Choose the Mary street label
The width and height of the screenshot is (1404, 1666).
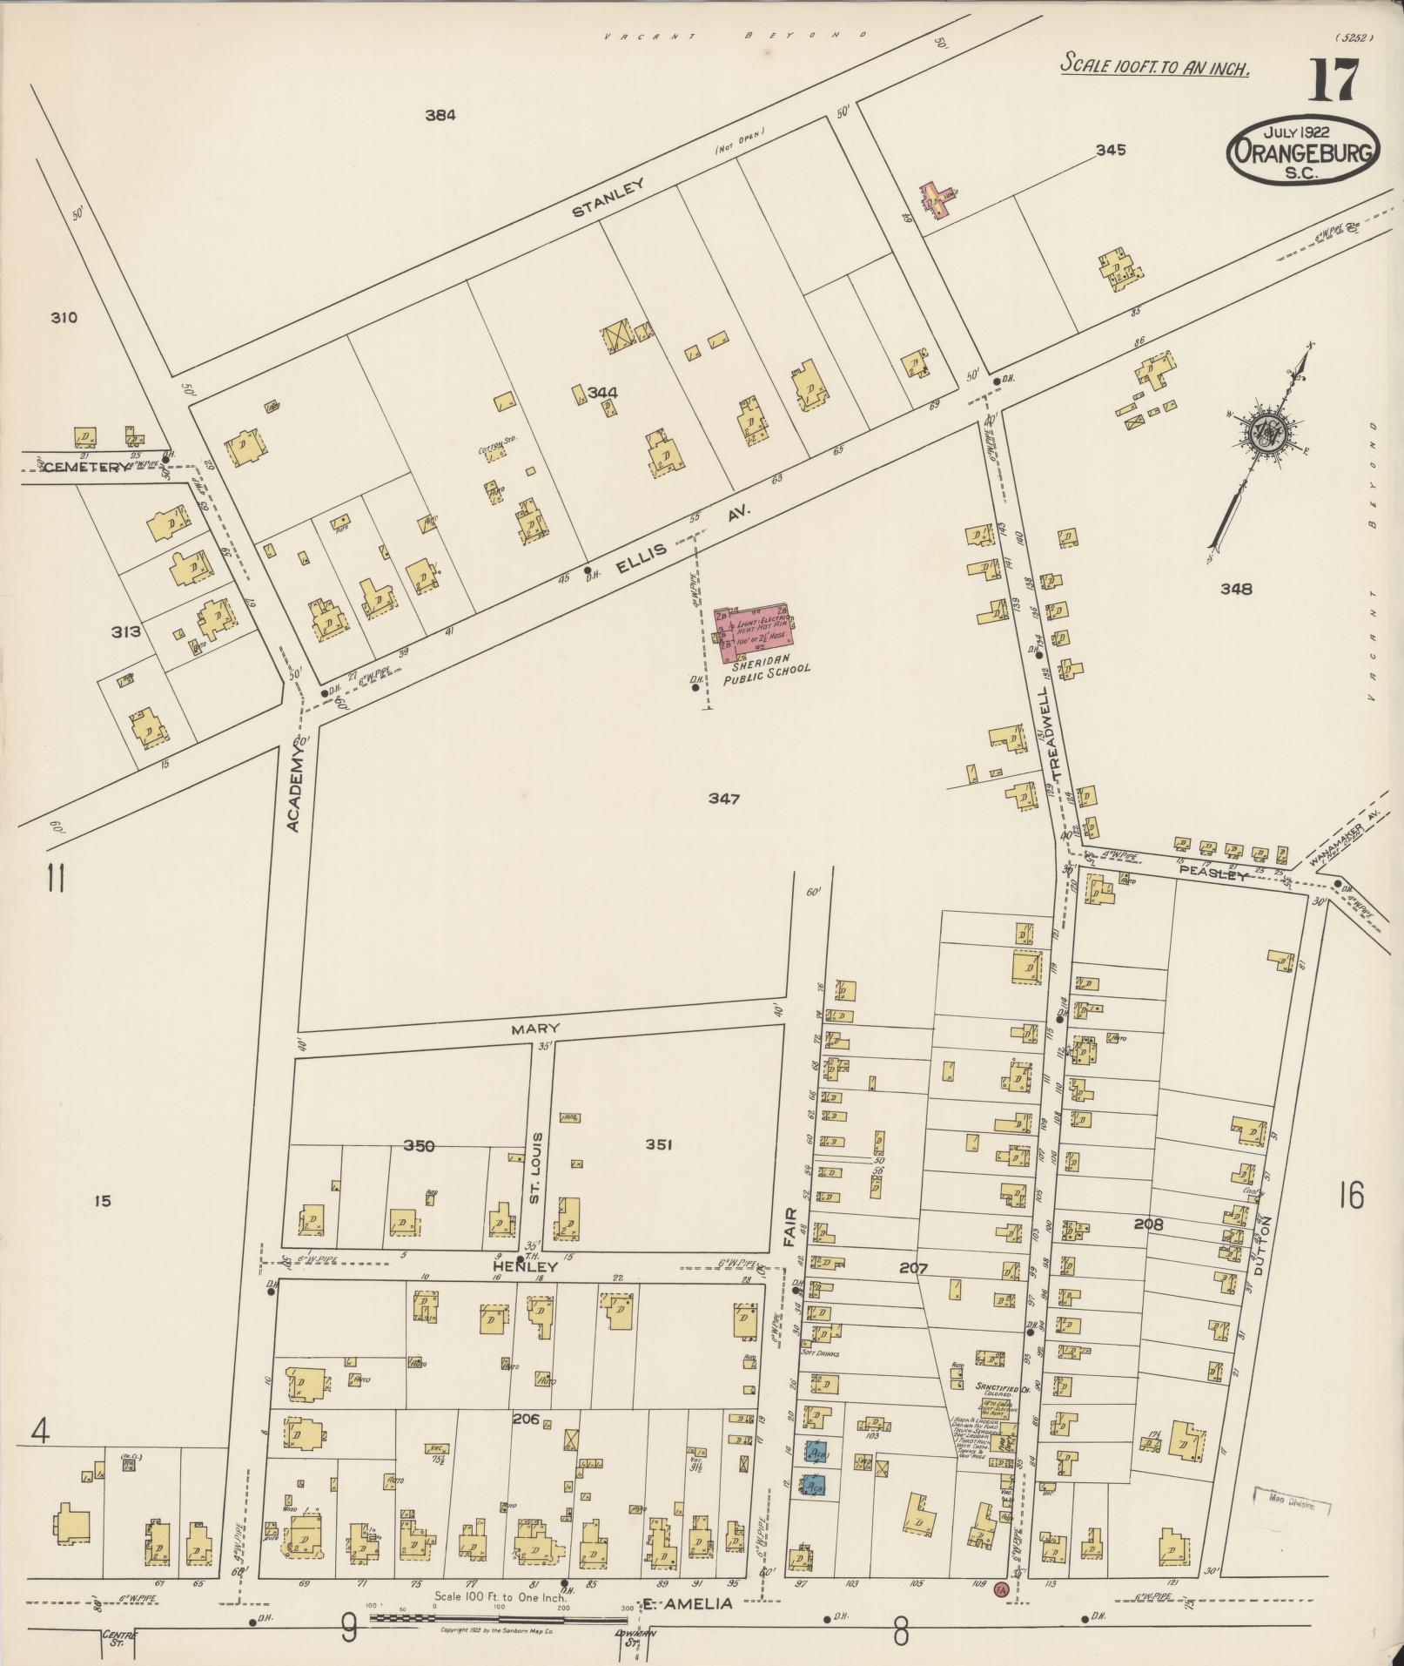point(536,1029)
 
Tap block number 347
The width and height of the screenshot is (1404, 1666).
point(723,799)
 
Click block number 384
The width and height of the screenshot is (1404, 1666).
point(440,114)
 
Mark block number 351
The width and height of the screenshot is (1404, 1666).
point(659,1145)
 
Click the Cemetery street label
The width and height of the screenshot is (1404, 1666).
point(73,467)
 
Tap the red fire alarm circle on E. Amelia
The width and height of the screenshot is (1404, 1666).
point(1001,1590)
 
